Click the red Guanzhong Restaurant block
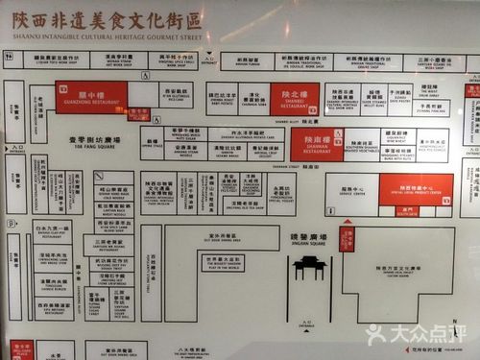point(90,97)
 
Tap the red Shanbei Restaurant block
point(294,99)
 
